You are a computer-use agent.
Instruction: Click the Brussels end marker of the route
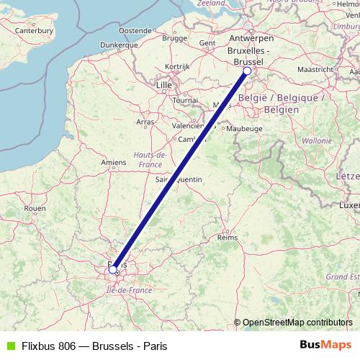coord(247,71)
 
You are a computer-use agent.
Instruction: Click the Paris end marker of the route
coord(113,269)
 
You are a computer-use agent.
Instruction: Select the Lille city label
coord(164,85)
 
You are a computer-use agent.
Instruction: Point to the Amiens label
coord(114,163)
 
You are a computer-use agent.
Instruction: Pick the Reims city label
coord(228,237)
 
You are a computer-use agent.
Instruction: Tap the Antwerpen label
coord(250,37)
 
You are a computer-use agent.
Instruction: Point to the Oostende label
coord(135,30)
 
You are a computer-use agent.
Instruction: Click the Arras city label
coord(145,122)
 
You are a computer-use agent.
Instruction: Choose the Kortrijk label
coord(176,66)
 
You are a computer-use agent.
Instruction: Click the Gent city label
coord(207,42)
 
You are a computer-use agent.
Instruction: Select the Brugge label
coord(174,37)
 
